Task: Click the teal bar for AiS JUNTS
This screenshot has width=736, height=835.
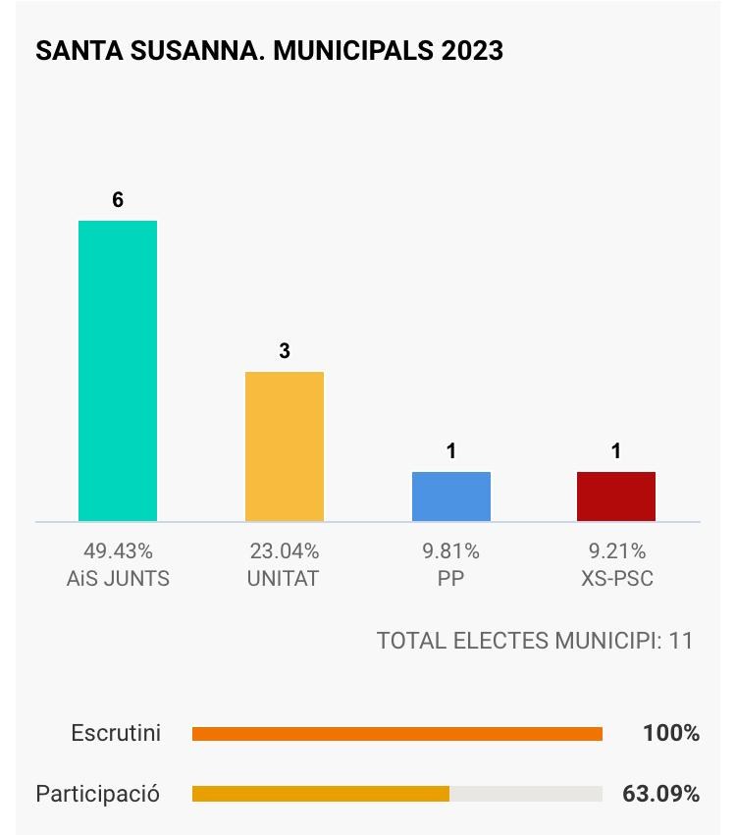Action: (118, 371)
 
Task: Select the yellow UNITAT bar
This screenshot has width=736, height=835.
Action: (285, 446)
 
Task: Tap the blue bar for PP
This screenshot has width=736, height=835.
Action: (451, 496)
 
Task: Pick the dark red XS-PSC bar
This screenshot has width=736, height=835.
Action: (616, 496)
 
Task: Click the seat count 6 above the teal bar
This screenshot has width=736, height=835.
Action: (118, 200)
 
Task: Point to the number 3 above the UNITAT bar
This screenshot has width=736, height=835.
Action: (285, 351)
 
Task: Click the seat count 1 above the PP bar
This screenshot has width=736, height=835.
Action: (451, 451)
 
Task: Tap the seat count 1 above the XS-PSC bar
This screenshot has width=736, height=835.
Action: (616, 451)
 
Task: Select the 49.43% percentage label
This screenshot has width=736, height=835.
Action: (118, 551)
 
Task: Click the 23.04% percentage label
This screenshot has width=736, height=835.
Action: (284, 551)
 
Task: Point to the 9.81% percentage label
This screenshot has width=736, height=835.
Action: (450, 551)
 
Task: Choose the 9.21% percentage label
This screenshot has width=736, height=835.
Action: (616, 551)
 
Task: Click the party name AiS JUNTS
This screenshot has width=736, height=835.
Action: (118, 579)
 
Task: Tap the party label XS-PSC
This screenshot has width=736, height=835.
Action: (616, 579)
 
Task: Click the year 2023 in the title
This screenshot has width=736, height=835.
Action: (472, 51)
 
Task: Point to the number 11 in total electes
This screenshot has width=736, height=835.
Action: (681, 641)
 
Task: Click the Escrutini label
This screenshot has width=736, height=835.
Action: (116, 733)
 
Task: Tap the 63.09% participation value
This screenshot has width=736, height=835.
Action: (660, 793)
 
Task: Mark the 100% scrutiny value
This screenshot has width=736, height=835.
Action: (671, 733)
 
